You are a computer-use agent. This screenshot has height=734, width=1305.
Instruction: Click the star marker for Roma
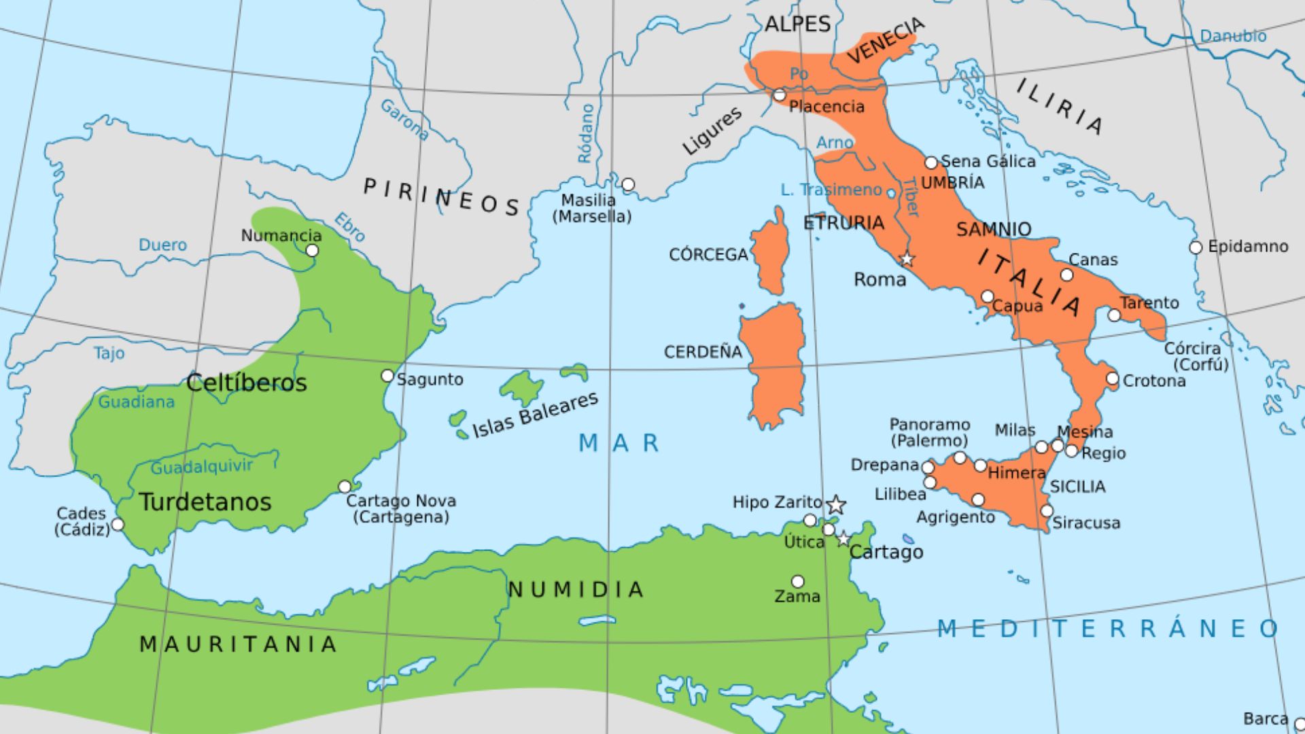click(907, 259)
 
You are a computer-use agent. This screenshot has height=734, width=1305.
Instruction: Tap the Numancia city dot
click(312, 250)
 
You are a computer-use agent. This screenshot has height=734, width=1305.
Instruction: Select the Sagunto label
click(430, 379)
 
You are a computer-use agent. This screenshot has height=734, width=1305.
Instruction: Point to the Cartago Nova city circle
click(345, 487)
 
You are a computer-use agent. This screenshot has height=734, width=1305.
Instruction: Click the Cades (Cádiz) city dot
click(118, 525)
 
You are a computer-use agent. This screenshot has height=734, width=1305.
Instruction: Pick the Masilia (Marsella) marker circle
click(628, 184)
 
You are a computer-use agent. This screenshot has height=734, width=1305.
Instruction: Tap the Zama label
click(797, 597)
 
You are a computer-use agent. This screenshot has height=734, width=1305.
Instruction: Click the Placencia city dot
click(780, 95)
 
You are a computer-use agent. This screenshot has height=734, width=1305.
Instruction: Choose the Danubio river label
click(1233, 36)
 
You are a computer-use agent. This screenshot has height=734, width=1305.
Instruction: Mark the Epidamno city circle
click(1196, 247)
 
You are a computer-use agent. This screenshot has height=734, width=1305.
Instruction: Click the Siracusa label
click(1086, 523)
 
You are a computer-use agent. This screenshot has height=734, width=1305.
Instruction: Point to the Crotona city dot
click(1112, 379)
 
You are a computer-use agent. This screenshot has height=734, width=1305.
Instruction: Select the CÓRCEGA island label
click(708, 255)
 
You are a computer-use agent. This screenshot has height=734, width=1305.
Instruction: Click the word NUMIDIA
click(576, 589)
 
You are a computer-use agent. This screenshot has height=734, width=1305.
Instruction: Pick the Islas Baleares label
click(535, 415)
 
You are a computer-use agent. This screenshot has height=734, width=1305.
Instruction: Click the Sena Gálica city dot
click(931, 163)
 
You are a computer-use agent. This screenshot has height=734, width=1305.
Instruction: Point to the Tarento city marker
click(1114, 315)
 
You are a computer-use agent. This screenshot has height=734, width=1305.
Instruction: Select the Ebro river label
click(349, 227)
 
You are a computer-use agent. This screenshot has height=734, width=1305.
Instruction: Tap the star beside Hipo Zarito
click(836, 504)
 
